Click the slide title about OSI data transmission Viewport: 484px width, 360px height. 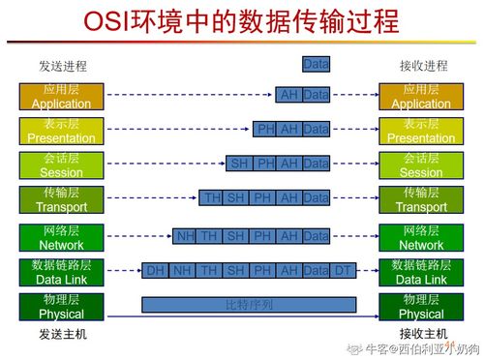pos(241,21)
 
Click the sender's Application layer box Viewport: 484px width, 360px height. pos(61,96)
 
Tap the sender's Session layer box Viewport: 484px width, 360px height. pos(61,165)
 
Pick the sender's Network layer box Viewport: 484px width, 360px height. pos(61,237)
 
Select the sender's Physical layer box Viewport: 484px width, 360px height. pos(61,306)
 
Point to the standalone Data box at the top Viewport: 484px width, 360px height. pos(316,65)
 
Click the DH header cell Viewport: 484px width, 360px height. pos(155,271)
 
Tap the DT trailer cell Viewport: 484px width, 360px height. pos(343,271)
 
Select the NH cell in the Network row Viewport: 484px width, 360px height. pos(185,236)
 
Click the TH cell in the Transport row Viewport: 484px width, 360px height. pos(211,198)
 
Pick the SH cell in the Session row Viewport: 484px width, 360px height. pos(238,164)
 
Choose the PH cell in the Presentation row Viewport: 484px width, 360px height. pos(265,129)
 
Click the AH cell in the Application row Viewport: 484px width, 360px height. pos(288,95)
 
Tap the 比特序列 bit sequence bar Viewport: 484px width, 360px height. pos(249,305)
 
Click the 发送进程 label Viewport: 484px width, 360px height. pos(62,66)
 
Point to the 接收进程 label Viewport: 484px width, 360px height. pos(423,66)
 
